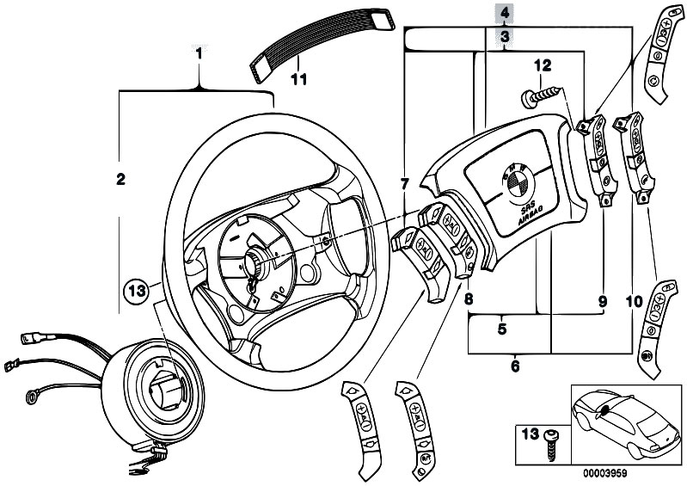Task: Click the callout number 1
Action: pyautogui.click(x=199, y=53)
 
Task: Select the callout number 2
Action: pyautogui.click(x=120, y=180)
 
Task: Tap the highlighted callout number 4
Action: pyautogui.click(x=505, y=13)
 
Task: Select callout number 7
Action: pyautogui.click(x=404, y=183)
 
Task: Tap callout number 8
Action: pyautogui.click(x=469, y=299)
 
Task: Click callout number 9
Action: pyautogui.click(x=602, y=301)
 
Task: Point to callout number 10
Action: pyautogui.click(x=634, y=301)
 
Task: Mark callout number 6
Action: pyautogui.click(x=515, y=366)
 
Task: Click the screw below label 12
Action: pyautogui.click(x=534, y=97)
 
